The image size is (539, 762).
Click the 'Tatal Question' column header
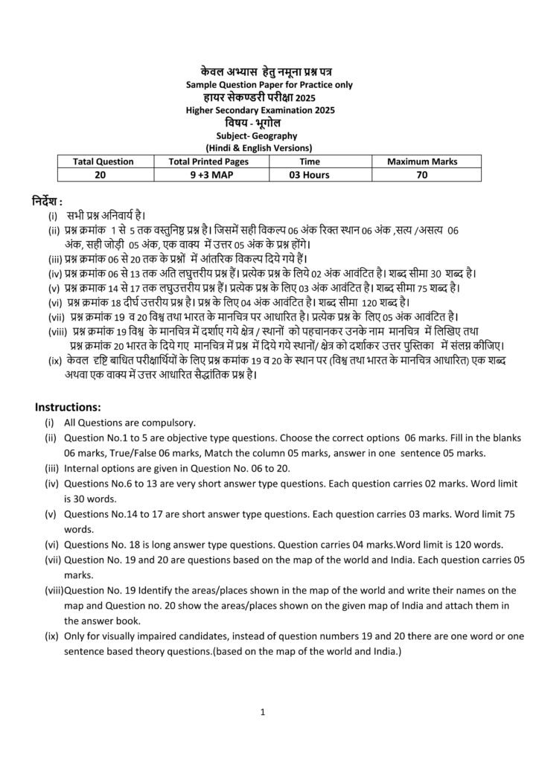[103, 161]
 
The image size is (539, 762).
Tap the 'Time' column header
[309, 161]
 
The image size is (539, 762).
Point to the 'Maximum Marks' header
[422, 161]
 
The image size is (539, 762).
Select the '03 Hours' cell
[309, 175]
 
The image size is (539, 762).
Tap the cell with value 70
[422, 175]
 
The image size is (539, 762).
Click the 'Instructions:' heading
[68, 407]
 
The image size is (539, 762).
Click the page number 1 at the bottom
[263, 712]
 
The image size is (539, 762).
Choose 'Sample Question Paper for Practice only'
[269, 85]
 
